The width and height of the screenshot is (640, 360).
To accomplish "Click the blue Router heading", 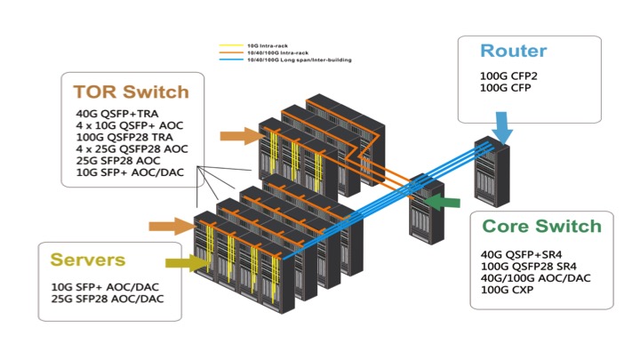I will pyautogui.click(x=514, y=52).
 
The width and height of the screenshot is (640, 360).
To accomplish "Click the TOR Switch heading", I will pyautogui.click(x=131, y=92).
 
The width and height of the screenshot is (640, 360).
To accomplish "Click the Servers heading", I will pyautogui.click(x=87, y=260).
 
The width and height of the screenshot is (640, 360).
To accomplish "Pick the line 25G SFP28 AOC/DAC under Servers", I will pyautogui.click(x=108, y=299).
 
